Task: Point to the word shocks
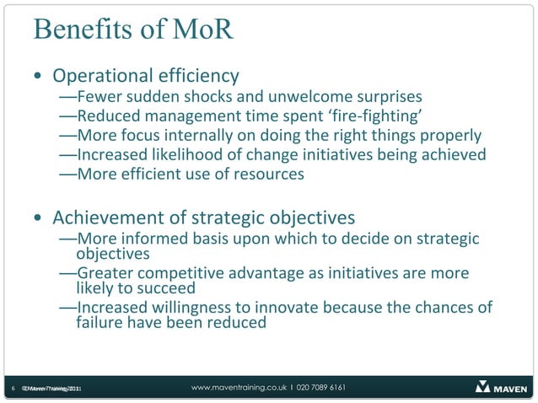[x=215, y=96]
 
